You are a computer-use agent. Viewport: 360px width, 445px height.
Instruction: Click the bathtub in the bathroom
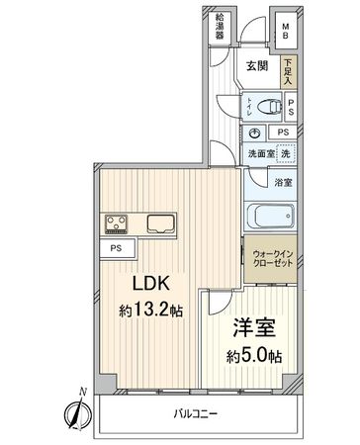270,216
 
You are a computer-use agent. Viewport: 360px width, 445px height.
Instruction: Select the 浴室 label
284,183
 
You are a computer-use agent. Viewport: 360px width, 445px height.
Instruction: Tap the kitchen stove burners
114,223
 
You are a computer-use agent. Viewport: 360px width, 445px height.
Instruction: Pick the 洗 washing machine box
285,153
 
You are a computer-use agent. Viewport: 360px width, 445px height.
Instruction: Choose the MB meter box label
285,30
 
